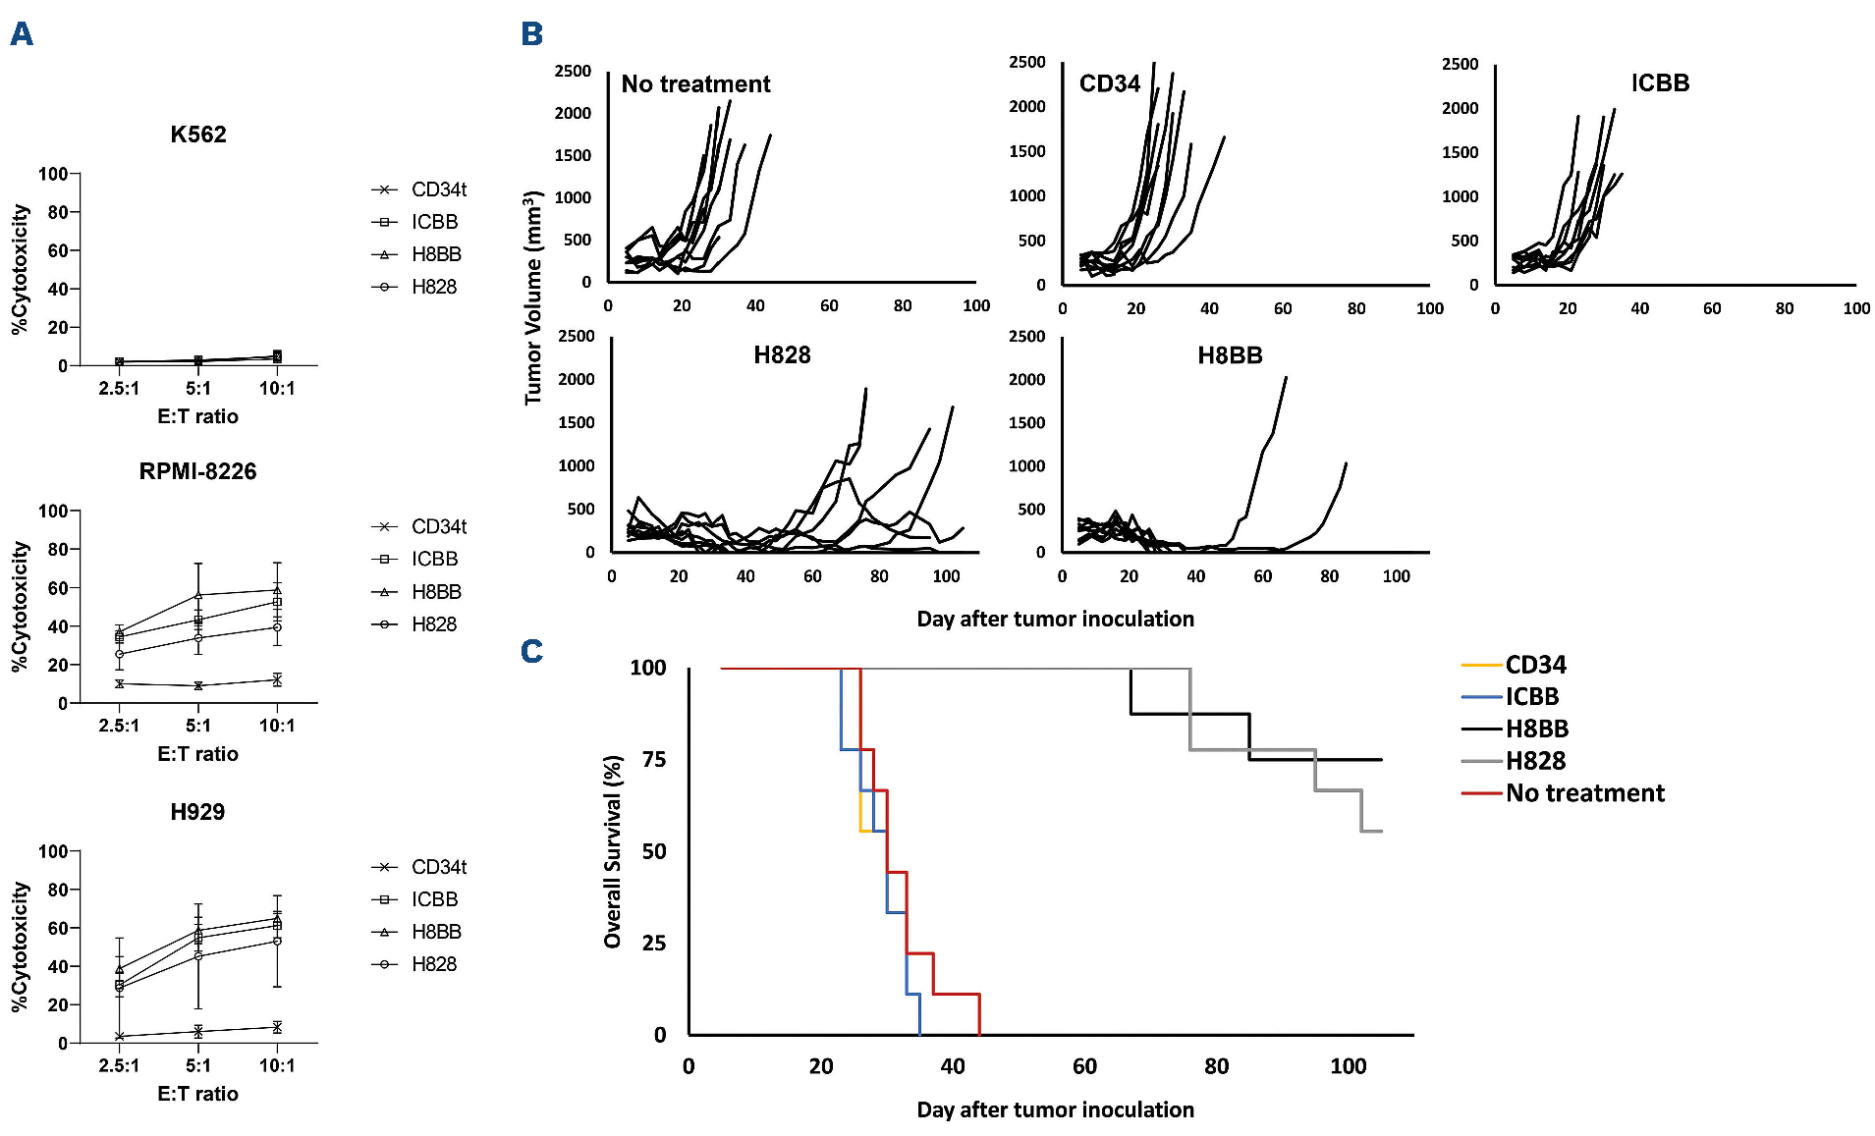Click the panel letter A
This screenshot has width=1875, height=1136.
click(x=22, y=34)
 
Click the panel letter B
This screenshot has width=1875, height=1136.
click(x=531, y=34)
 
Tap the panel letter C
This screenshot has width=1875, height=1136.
click(x=531, y=651)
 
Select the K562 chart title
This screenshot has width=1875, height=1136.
click(x=198, y=135)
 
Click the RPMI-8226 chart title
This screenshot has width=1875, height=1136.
click(x=197, y=471)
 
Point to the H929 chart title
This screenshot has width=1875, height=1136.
click(x=197, y=812)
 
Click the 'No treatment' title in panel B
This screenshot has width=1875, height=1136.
click(x=695, y=84)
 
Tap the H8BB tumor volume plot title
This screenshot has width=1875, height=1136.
click(x=1230, y=355)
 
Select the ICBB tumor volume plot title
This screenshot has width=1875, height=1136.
click(x=1660, y=83)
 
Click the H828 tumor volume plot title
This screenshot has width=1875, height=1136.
click(x=782, y=355)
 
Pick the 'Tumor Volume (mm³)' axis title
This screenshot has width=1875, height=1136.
click(x=533, y=298)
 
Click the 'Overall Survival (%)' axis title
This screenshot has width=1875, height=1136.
click(x=613, y=851)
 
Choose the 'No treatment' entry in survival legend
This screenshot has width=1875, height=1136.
click(x=1584, y=793)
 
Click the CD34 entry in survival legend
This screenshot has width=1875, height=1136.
click(x=1535, y=665)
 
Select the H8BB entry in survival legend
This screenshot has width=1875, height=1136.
click(x=1536, y=729)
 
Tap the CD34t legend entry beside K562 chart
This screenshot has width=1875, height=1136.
click(x=438, y=189)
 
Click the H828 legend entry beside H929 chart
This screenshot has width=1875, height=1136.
click(x=434, y=964)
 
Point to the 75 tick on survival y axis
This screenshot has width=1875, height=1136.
click(x=654, y=759)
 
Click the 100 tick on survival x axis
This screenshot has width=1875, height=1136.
click(x=1348, y=1066)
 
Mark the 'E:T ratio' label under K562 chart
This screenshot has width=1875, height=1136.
click(x=197, y=416)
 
